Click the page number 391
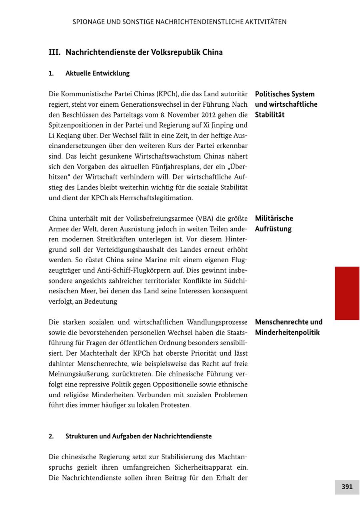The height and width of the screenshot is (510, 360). click(x=347, y=487)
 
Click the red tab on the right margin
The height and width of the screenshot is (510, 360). click(x=347, y=293)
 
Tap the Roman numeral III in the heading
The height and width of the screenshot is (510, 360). click(x=54, y=52)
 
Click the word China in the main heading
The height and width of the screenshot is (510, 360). click(x=212, y=52)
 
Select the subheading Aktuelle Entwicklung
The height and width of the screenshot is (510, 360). click(x=97, y=73)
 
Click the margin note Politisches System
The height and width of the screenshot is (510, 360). click(x=285, y=94)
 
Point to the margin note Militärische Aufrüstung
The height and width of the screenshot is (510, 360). click(x=274, y=223)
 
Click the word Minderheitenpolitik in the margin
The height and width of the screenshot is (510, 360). click(x=287, y=333)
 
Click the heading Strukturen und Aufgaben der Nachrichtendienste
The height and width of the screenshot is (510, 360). click(x=138, y=436)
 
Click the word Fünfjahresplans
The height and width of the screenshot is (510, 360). click(x=185, y=167)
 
